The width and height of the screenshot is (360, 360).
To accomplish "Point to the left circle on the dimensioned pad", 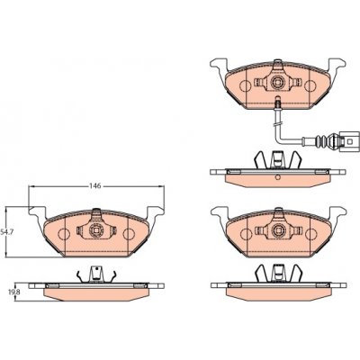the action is click(64, 234).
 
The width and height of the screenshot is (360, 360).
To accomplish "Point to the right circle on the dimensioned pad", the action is click(130, 234).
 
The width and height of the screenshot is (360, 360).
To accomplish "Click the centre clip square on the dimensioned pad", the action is click(96, 230).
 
